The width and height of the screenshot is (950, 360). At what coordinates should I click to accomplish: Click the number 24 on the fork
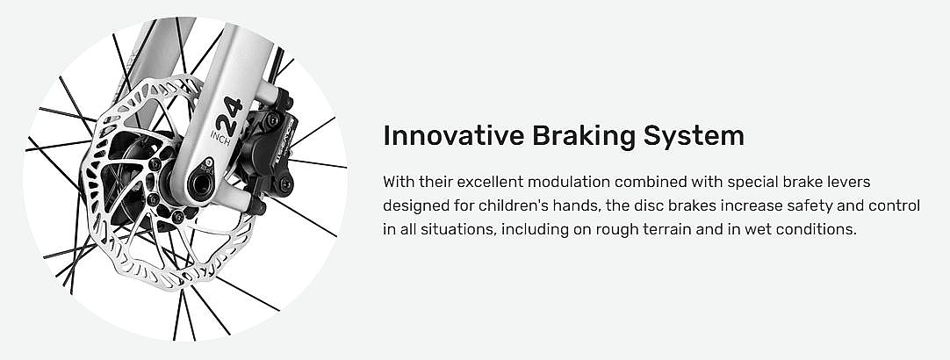pos(229,117)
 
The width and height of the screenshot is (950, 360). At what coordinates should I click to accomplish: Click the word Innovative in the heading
pos(454,136)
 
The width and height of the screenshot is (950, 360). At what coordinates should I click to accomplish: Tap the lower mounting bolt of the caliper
pos(284,184)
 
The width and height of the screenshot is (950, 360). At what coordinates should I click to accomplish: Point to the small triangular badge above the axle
pos(208,163)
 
